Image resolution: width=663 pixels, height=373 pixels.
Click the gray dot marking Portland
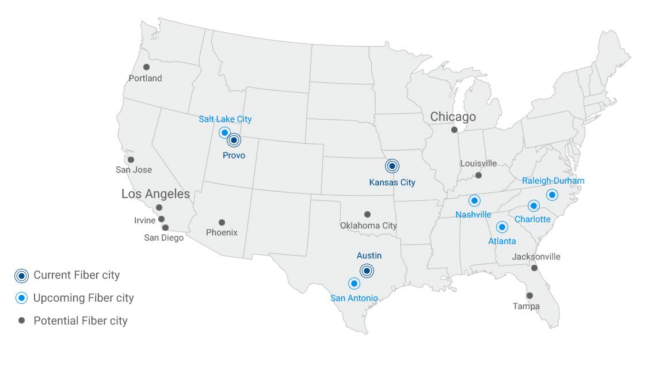point(146,67)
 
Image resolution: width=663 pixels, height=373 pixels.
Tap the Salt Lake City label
point(225,119)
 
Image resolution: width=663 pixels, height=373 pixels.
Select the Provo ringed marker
point(234,140)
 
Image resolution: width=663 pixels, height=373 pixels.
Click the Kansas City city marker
point(392,166)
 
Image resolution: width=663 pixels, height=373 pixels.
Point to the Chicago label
point(453,117)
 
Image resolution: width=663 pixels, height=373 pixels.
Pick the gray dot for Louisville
point(478,175)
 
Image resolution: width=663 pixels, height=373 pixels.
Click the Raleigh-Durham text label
point(553,181)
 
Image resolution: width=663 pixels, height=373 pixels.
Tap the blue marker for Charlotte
point(534,206)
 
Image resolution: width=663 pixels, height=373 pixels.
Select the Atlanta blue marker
point(502,227)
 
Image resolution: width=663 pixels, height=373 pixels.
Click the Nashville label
point(473,215)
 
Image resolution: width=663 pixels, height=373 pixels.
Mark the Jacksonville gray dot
point(534,268)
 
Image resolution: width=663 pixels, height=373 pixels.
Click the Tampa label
point(526,306)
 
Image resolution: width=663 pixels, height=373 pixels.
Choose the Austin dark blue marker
point(367,271)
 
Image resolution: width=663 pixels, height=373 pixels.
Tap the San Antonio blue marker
point(354,283)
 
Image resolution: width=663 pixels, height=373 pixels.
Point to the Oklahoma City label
point(368,226)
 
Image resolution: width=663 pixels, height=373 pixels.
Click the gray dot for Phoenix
point(222,222)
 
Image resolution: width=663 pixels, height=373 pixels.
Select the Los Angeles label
point(155,194)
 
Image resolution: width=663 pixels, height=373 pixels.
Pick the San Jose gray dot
point(131,159)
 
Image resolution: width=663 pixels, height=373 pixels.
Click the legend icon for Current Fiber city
point(21,276)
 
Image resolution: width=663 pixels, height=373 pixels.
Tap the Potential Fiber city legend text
point(81,321)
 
